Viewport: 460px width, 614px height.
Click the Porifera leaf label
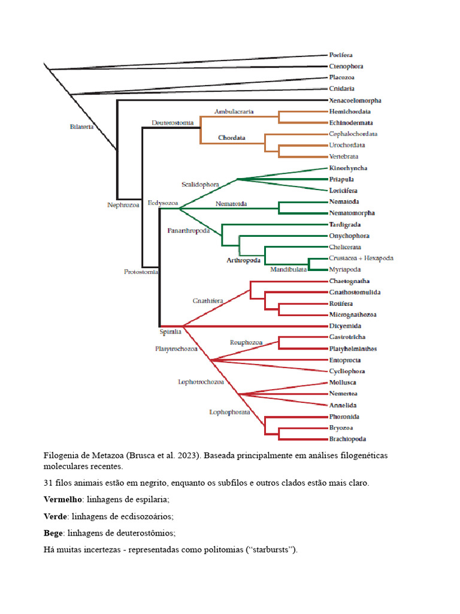pyautogui.click(x=341, y=55)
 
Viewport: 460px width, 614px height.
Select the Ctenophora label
pyautogui.click(x=346, y=67)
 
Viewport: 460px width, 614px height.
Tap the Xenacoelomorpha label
pyautogui.click(x=355, y=101)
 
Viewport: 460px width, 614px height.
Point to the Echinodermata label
pyautogui.click(x=350, y=123)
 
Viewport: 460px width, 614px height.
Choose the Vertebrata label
pyautogui.click(x=344, y=156)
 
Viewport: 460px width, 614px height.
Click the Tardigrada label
pyautogui.click(x=345, y=224)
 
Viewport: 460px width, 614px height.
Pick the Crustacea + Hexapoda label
pyautogui.click(x=361, y=258)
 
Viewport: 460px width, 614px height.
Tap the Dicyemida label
pyautogui.click(x=344, y=326)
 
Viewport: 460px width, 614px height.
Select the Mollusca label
pyautogui.click(x=343, y=383)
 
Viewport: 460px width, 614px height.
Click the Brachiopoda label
pyautogui.click(x=347, y=439)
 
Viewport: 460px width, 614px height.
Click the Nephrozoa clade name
pyautogui.click(x=123, y=204)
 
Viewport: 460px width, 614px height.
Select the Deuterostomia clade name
pyautogui.click(x=172, y=122)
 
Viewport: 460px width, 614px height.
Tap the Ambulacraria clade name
pyautogui.click(x=234, y=112)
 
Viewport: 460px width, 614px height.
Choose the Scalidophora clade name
pyautogui.click(x=200, y=183)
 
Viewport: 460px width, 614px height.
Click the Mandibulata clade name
pyautogui.click(x=288, y=269)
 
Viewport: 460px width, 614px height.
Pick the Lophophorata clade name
pyautogui.click(x=229, y=412)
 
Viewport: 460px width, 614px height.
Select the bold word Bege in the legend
pyautogui.click(x=53, y=532)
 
